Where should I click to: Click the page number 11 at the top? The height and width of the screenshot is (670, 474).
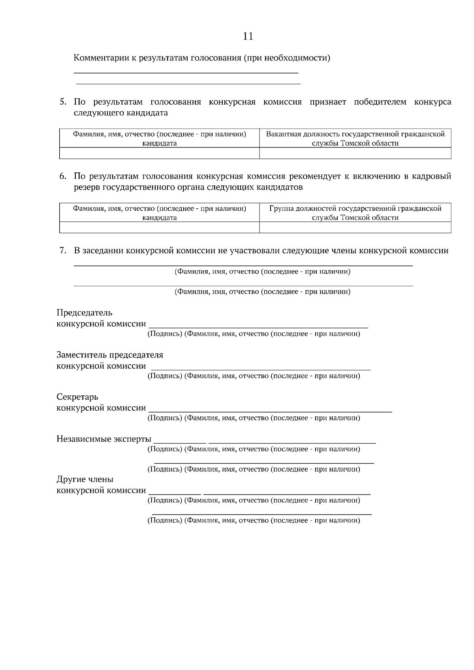click(x=248, y=36)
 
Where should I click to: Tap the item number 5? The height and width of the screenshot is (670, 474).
click(x=63, y=102)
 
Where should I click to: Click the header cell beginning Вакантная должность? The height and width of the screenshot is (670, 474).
click(x=355, y=138)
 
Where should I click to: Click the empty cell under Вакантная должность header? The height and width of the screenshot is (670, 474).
click(x=355, y=153)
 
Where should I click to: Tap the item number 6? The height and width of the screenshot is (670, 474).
click(x=63, y=176)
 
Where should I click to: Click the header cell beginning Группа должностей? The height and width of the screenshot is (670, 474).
click(x=355, y=213)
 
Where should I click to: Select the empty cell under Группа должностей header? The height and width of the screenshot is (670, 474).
click(x=355, y=227)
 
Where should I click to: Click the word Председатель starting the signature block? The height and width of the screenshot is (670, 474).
click(x=84, y=313)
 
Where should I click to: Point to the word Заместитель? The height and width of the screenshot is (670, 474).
click(x=81, y=355)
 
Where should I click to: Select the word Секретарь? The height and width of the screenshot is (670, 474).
click(x=77, y=397)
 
